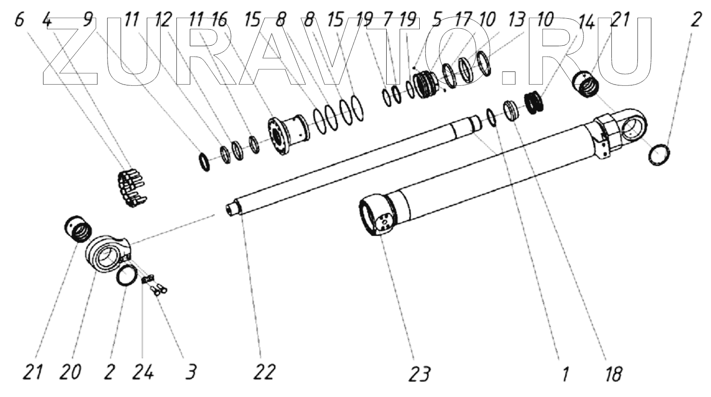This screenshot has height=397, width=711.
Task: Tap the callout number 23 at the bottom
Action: coord(419,373)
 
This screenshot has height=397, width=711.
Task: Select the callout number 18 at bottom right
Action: coord(613,373)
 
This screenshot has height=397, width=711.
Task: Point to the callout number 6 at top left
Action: coord(19,20)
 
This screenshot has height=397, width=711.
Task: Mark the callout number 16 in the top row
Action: coord(219,20)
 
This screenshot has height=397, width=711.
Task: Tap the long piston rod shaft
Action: coord(348,170)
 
